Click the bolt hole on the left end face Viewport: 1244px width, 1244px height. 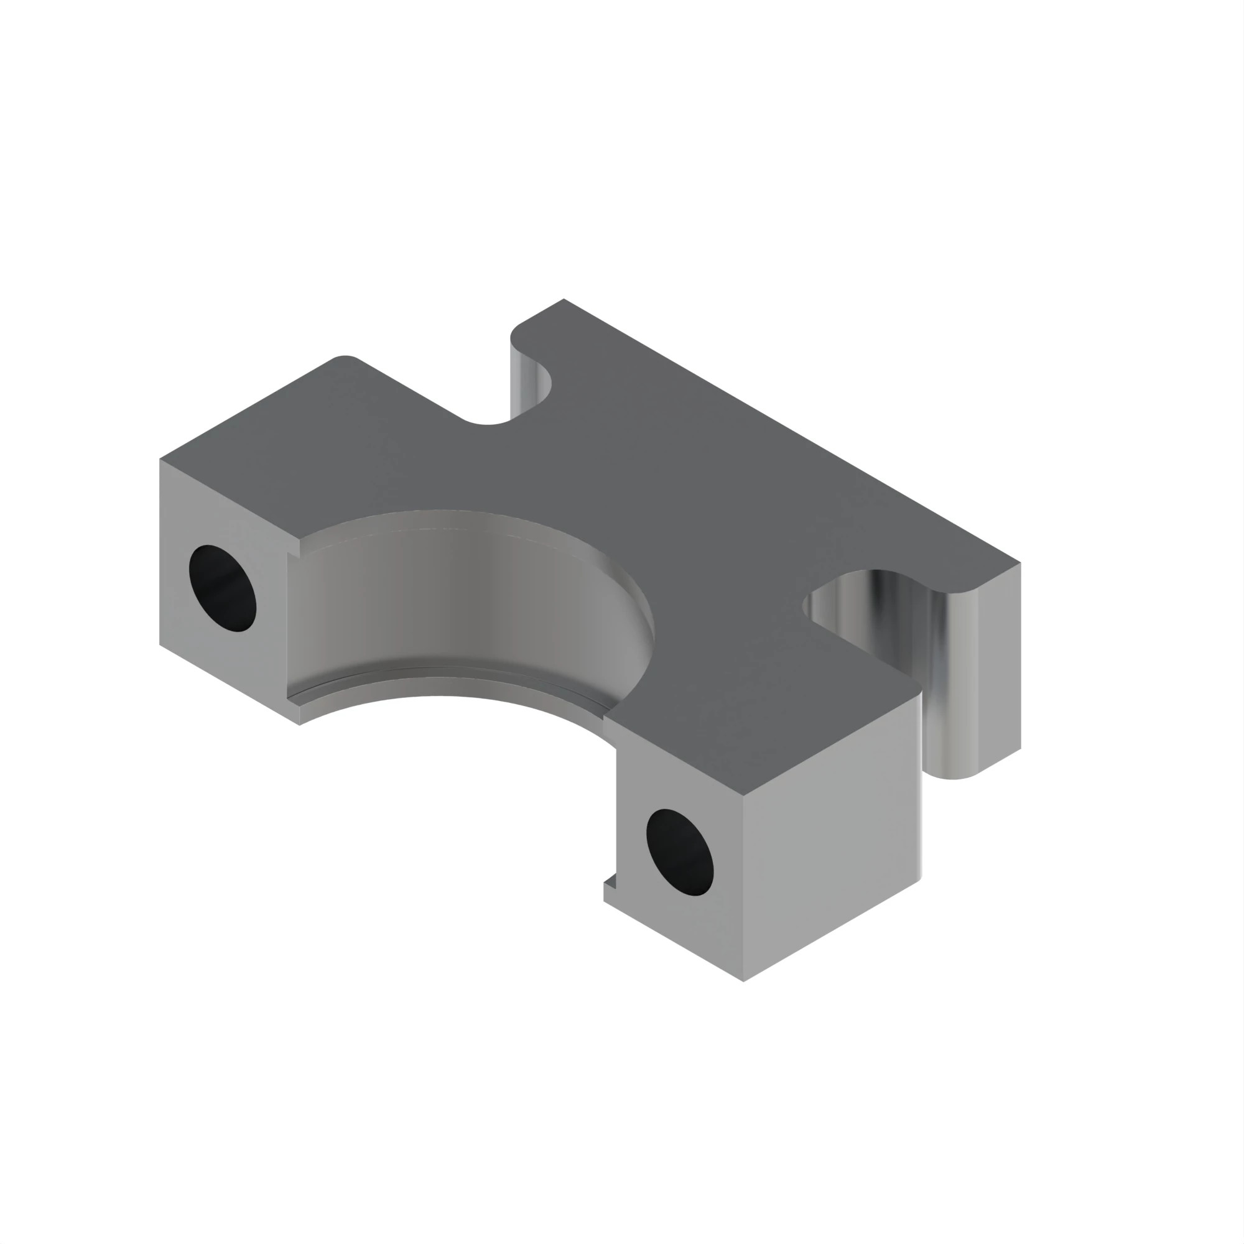pyautogui.click(x=222, y=588)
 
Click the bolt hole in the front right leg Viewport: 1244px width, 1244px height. pyautogui.click(x=679, y=852)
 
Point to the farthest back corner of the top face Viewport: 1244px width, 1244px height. pyautogui.click(x=564, y=299)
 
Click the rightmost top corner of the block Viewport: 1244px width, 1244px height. pyautogui.click(x=1020, y=563)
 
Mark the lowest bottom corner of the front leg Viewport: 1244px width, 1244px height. pyautogui.click(x=743, y=982)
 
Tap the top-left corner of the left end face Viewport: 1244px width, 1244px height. pyautogui.click(x=160, y=460)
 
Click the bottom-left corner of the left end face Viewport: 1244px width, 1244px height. pyautogui.click(x=160, y=644)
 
